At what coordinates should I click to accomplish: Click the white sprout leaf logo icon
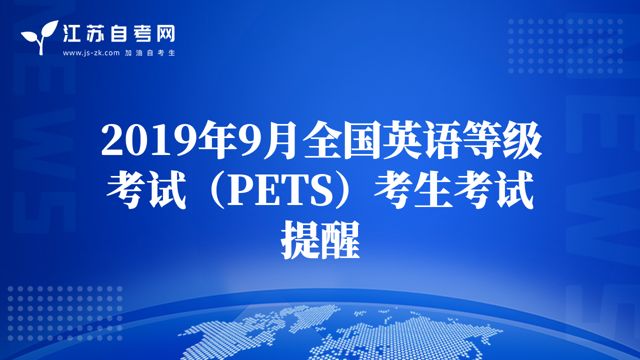tap(40, 36)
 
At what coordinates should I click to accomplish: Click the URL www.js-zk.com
tap(91, 53)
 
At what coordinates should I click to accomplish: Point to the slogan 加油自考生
tap(150, 53)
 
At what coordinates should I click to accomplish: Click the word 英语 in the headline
tap(421, 140)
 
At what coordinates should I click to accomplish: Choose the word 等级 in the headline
tap(501, 140)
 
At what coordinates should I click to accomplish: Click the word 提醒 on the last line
tap(320, 240)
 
